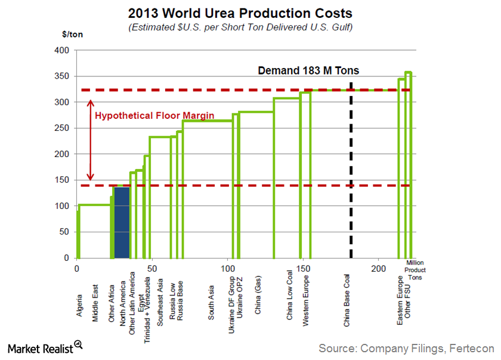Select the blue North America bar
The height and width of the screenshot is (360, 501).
click(x=122, y=222)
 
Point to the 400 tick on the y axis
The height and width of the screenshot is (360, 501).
click(x=61, y=50)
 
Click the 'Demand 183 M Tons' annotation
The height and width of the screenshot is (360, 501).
click(x=308, y=70)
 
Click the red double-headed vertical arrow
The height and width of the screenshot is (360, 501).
click(x=91, y=140)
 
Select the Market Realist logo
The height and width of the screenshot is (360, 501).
click(x=45, y=347)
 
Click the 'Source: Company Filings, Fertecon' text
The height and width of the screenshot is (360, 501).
click(x=406, y=347)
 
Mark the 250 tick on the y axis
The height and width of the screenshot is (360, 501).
click(x=61, y=128)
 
